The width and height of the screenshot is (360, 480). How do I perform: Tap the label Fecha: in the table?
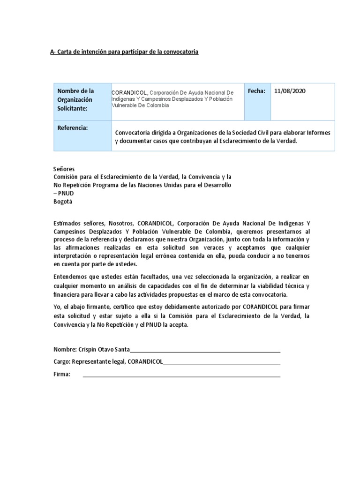click(x=256, y=91)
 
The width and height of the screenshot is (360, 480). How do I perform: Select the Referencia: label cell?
click(x=73, y=128)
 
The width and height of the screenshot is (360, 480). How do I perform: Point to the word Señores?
click(x=64, y=169)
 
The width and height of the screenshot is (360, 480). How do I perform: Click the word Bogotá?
click(x=63, y=202)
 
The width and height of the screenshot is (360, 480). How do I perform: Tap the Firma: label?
click(x=62, y=374)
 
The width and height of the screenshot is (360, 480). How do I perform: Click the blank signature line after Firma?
click(x=181, y=375)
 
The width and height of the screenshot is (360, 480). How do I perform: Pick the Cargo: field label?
click(x=62, y=362)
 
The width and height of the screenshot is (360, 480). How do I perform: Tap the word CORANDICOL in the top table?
click(x=130, y=92)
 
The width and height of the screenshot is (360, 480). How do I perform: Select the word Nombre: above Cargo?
click(x=65, y=350)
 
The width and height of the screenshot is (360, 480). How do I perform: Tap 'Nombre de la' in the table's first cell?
click(x=75, y=91)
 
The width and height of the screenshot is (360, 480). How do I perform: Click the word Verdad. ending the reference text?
click(x=286, y=141)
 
